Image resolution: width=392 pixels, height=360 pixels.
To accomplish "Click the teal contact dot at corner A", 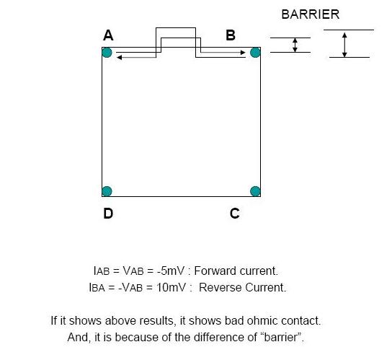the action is pos(107,53).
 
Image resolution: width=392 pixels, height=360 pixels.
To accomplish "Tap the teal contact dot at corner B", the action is pos(255,53).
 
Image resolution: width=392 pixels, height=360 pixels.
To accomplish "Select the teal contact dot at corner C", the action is pos(255,191).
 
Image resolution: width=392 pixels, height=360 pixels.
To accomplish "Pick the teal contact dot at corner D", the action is pos(107,191).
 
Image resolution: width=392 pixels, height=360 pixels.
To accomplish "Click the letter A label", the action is pos(108,35).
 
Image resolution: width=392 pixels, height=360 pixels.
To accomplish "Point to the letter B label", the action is pos(231,35).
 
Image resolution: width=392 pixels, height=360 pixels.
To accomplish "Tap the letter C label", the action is pos(235,214).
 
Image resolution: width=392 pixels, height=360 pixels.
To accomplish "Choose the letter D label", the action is pos(108,214).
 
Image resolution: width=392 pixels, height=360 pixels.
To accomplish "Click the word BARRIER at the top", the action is pos(311,14).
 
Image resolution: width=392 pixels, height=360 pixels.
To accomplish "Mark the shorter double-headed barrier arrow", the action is pos(295,45).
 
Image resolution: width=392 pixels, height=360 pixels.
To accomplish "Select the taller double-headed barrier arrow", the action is pos(344,45).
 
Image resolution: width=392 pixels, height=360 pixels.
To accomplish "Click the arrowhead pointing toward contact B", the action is pos(243,53).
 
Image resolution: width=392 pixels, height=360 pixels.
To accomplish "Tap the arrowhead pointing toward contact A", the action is pos(119,58).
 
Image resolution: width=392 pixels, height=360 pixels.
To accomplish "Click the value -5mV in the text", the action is pos(171,271).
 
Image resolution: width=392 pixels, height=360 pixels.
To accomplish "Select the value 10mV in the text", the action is pos(171,287).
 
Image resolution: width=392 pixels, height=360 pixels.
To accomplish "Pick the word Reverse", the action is pos(220,287).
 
